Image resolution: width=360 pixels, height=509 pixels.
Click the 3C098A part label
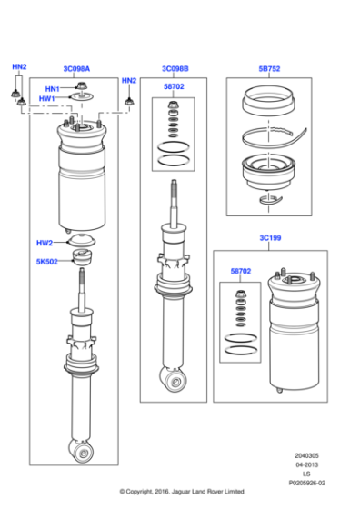click(x=76, y=69)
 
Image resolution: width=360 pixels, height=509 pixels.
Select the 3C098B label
click(x=175, y=69)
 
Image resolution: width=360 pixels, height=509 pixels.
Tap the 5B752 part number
click(x=270, y=69)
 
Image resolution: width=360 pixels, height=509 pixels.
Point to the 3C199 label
click(x=270, y=238)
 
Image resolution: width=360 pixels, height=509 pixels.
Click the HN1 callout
click(x=52, y=88)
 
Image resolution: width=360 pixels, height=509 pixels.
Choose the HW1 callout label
click(x=46, y=98)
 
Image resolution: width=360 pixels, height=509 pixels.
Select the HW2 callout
click(x=45, y=243)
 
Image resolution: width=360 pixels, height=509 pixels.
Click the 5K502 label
click(x=46, y=262)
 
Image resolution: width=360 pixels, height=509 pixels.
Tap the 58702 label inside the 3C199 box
click(x=242, y=271)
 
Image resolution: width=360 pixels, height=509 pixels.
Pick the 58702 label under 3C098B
click(x=175, y=86)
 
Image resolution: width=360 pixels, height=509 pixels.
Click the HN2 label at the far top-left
click(x=19, y=68)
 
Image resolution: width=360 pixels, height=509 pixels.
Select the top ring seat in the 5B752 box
click(x=270, y=103)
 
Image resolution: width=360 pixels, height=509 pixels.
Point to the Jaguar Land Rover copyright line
click(x=180, y=492)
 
